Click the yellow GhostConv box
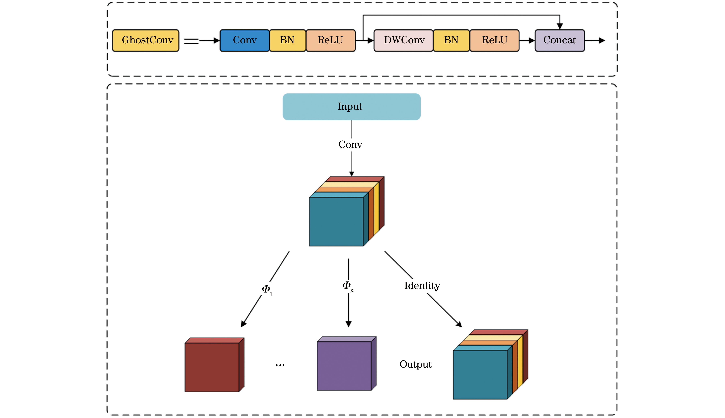point(146,40)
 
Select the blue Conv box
point(245,40)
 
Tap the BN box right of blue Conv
point(287,40)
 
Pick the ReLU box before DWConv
point(330,40)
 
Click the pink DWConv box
point(403,40)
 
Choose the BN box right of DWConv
point(451,40)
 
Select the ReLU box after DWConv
point(494,40)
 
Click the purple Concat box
point(559,40)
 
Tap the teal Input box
point(351,107)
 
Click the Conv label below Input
point(350,144)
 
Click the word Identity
point(422,286)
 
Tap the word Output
point(415,364)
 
